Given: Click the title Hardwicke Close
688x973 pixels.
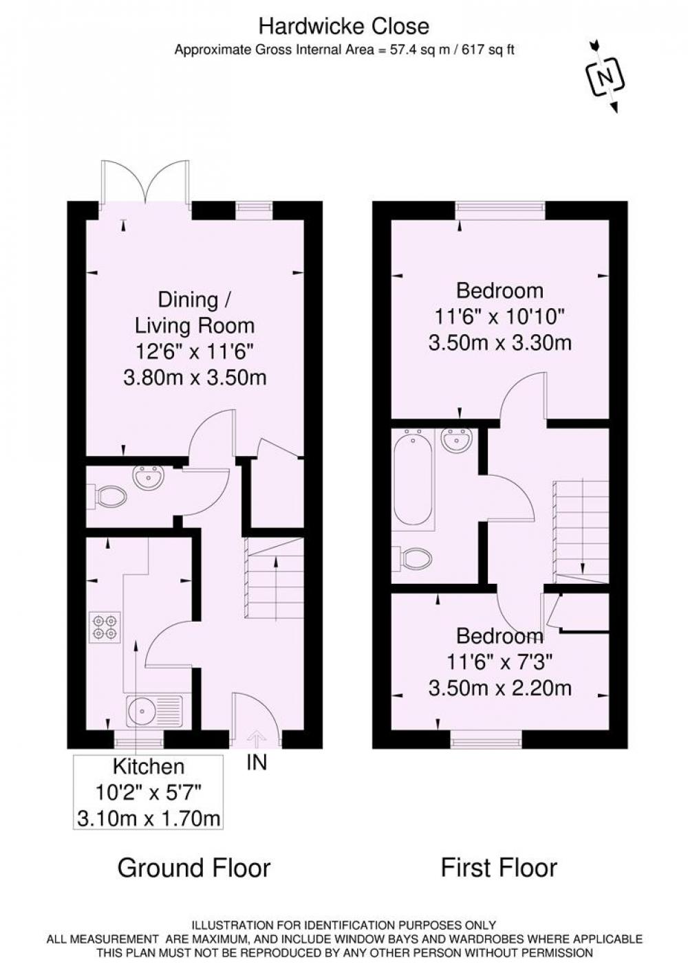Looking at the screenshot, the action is tap(344, 27).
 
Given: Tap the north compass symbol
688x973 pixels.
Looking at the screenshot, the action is tap(605, 77).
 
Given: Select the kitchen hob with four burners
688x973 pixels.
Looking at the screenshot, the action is tap(105, 627).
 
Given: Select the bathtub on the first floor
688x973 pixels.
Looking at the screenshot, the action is tap(413, 480).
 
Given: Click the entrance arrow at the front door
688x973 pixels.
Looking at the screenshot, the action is tap(255, 739).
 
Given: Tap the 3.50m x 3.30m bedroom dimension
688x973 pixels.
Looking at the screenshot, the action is tap(499, 344).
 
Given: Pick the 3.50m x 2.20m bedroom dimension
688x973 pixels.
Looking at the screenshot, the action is tap(499, 688).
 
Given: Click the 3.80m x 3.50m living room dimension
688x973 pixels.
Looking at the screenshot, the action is tap(195, 378).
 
